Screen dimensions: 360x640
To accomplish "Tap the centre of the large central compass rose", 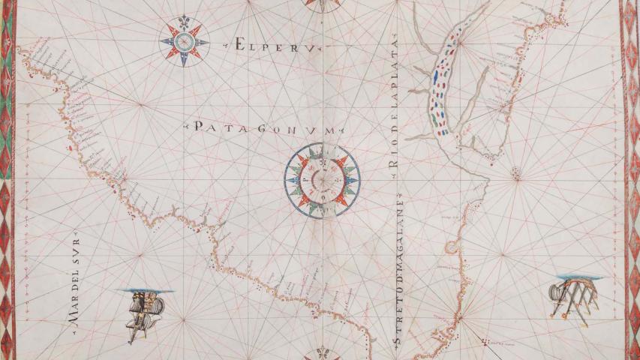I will point(322,180).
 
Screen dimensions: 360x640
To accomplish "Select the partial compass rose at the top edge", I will point(320,4).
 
